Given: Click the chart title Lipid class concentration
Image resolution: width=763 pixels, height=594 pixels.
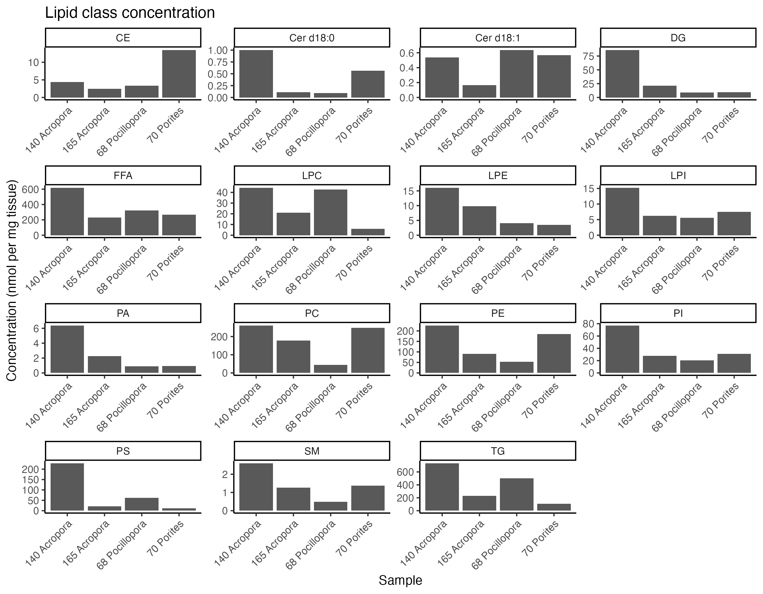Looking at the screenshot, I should pos(130,13).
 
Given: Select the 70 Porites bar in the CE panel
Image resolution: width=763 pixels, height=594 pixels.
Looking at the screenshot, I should pos(179,74).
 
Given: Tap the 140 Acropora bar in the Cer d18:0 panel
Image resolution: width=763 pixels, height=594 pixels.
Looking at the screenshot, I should pos(256,74).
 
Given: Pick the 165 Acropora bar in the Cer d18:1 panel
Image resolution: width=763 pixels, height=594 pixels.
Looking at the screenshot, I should pos(479,91).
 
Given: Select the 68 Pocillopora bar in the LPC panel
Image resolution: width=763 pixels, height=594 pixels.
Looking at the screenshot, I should pos(331,212).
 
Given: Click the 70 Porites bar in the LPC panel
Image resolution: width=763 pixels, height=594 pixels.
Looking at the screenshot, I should pos(368,232).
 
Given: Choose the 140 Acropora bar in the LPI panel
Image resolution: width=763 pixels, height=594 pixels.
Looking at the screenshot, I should pos(622,212).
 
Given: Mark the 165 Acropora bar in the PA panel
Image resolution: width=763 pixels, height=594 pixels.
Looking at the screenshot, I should pos(105,364).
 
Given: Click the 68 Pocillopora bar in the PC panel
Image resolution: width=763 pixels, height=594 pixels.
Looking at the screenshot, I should pos(331,369).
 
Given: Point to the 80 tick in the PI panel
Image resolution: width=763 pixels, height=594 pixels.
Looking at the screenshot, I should pos(589,324).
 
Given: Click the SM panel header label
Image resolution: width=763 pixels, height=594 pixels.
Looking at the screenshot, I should pos(312,451).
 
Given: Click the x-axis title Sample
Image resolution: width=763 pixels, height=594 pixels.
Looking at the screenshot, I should pos(400,580).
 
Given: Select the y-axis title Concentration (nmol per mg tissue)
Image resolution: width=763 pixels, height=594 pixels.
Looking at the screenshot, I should pos(12,280).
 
